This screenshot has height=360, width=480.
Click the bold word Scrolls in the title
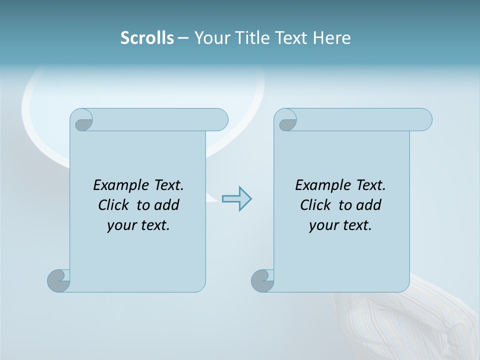[x=147, y=38]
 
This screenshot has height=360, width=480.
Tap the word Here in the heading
[x=331, y=38]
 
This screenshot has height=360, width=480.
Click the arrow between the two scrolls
[x=236, y=198]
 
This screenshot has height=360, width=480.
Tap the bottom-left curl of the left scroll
[x=59, y=280]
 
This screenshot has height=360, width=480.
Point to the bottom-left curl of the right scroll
[x=263, y=280]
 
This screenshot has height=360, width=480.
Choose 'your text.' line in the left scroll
[x=138, y=225]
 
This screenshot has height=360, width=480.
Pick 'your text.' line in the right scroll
[x=340, y=225]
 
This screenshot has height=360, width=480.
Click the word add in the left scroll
[x=167, y=205]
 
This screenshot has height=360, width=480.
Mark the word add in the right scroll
[x=369, y=205]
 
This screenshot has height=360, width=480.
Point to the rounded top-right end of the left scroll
[x=220, y=119]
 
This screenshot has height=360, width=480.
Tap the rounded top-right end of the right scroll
[x=424, y=119]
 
